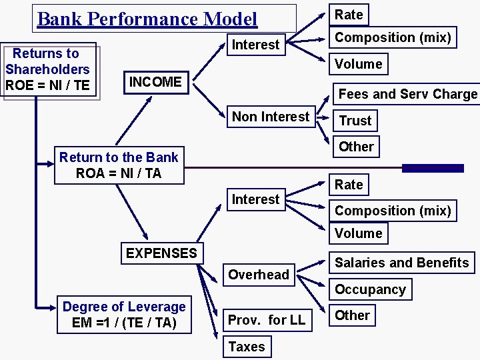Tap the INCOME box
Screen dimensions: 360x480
155,82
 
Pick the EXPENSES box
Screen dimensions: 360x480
161,253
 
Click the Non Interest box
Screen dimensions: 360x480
271,117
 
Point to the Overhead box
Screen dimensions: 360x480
259,275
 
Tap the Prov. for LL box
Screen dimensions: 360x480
266,320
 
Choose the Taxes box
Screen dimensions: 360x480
247,347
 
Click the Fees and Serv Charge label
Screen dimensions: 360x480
407,94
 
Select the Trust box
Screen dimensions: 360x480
355,121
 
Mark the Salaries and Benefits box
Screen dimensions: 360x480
401,263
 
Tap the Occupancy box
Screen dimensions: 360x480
370,289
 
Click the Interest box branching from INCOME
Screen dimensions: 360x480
255,45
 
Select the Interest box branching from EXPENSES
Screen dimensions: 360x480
255,199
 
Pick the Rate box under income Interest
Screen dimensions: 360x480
349,15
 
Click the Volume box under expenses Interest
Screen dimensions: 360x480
359,233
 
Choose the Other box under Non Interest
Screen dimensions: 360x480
356,147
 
